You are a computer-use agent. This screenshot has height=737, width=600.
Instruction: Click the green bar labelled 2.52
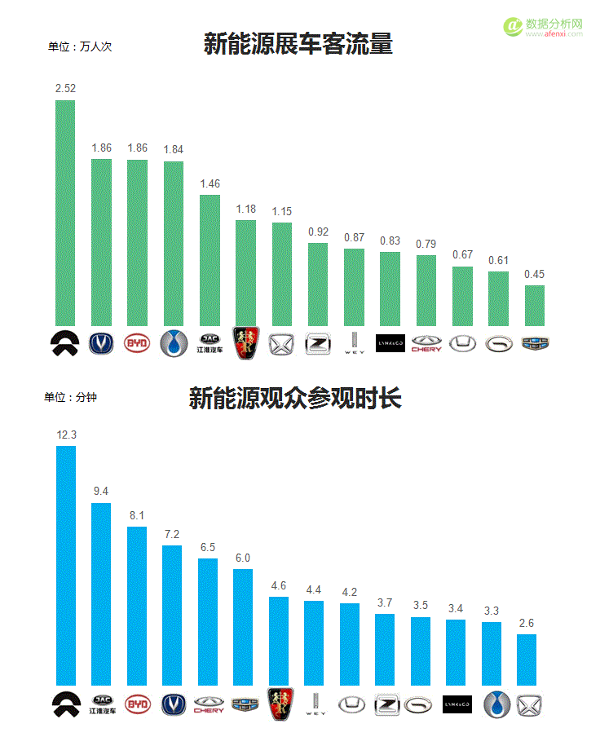(x=64, y=213)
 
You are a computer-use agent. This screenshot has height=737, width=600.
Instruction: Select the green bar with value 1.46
(x=210, y=260)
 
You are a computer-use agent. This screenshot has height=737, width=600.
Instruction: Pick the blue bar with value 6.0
(x=243, y=627)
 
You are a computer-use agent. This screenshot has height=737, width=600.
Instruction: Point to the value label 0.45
(x=535, y=274)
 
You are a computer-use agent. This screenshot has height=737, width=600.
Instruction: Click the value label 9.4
(x=101, y=491)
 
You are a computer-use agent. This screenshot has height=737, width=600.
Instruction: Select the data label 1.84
(x=174, y=149)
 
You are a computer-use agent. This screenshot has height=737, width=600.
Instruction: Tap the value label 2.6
(x=527, y=624)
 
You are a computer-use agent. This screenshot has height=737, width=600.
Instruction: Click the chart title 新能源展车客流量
(x=298, y=44)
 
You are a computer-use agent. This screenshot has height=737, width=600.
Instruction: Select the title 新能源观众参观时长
(x=295, y=399)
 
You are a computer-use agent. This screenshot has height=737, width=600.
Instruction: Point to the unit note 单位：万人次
(x=80, y=46)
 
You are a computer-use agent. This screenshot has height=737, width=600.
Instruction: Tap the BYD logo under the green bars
(x=137, y=343)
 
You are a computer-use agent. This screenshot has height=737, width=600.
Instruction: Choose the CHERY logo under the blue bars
(x=209, y=704)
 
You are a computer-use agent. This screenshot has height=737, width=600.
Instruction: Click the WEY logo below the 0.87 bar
(x=354, y=343)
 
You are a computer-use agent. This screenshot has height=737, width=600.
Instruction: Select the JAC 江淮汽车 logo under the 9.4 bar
(x=102, y=704)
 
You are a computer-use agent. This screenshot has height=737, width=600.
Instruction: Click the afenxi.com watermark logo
(x=544, y=27)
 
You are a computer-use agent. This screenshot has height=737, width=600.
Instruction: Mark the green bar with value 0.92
(x=318, y=285)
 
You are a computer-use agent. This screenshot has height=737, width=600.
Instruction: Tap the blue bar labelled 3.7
(x=385, y=650)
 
